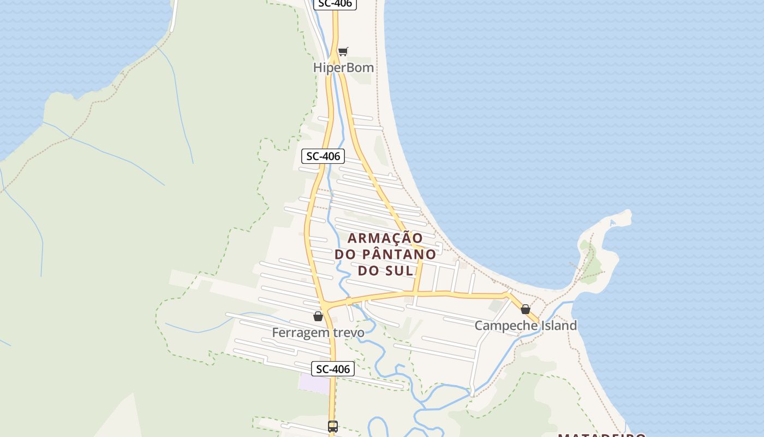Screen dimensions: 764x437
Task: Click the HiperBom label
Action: click(343, 67)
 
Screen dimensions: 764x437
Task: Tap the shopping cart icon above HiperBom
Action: click(343, 51)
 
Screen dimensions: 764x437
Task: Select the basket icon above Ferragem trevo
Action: click(318, 316)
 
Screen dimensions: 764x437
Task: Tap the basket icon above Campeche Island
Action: click(526, 309)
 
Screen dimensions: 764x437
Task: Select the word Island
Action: click(558, 326)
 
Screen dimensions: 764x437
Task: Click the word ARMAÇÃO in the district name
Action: click(385, 238)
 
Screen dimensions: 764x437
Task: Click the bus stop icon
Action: click(333, 426)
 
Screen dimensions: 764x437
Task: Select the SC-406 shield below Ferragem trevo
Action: click(333, 369)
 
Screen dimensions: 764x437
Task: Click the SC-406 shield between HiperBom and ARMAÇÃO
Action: click(323, 156)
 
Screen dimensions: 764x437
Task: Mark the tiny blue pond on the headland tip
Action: click(613, 222)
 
